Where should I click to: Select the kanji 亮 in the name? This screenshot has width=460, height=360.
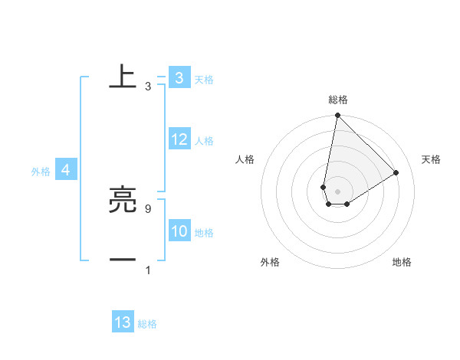pyautogui.click(x=123, y=201)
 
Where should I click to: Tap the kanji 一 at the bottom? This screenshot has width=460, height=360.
pyautogui.click(x=123, y=260)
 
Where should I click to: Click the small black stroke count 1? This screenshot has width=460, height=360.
pyautogui.click(x=147, y=270)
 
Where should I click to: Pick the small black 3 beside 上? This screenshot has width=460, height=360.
pyautogui.click(x=147, y=87)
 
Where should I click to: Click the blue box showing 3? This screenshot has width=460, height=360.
pyautogui.click(x=179, y=78)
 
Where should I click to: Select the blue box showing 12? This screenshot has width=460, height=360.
pyautogui.click(x=179, y=139)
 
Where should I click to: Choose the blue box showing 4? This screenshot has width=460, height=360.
pyautogui.click(x=66, y=170)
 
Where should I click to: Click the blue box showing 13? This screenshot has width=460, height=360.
pyautogui.click(x=123, y=322)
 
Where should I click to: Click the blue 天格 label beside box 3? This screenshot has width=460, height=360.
pyautogui.click(x=204, y=80)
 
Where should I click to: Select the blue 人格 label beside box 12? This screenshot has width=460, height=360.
pyautogui.click(x=204, y=141)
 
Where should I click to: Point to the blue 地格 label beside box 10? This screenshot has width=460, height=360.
pyautogui.click(x=204, y=233)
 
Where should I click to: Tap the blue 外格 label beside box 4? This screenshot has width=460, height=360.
pyautogui.click(x=41, y=172)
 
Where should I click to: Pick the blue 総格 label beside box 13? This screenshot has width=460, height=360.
pyautogui.click(x=148, y=324)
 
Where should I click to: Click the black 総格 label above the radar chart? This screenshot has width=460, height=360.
pyautogui.click(x=338, y=100)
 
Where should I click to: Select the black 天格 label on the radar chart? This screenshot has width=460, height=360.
pyautogui.click(x=431, y=159)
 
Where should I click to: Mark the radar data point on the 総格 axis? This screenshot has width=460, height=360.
pyautogui.click(x=337, y=116)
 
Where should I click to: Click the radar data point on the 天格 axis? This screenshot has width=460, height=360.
pyautogui.click(x=396, y=173)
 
